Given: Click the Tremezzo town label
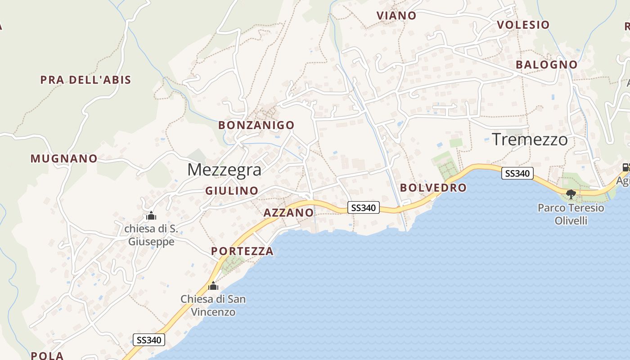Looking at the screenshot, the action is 530,139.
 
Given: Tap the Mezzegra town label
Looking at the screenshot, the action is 224,170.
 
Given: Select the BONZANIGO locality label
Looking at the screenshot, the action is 256,125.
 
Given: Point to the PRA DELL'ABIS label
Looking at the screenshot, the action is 85,80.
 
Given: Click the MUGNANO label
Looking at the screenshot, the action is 64,158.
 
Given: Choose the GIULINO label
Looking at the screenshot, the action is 232,191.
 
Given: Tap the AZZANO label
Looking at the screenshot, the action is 288,212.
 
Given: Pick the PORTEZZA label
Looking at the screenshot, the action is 242,251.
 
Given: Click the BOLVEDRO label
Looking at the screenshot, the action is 433,188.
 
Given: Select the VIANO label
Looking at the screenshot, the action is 396,16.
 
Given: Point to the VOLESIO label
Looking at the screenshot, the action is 523,25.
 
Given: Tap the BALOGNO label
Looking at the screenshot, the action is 547,65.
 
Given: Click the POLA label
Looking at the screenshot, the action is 47,355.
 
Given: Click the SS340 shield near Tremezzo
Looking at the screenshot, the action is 517,173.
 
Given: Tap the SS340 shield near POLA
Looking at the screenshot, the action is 149,340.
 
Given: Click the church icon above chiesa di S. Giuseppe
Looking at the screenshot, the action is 151,216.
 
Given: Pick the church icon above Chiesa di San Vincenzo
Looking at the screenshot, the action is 213,286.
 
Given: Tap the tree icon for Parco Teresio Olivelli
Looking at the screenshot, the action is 571,194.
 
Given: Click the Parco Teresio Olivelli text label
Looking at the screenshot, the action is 571,214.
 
